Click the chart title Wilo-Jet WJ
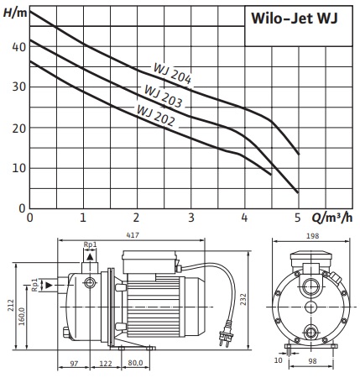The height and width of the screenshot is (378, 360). pyautogui.click(x=295, y=18)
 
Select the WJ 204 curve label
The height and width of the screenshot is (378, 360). pyautogui.click(x=172, y=73)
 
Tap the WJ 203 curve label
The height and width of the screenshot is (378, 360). pyautogui.click(x=163, y=97)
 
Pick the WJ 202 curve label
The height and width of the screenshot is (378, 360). pyautogui.click(x=156, y=115)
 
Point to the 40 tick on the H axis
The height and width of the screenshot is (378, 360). pyautogui.click(x=18, y=47)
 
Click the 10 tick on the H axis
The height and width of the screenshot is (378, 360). pyautogui.click(x=18, y=169)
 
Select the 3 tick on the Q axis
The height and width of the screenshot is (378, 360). pyautogui.click(x=191, y=218)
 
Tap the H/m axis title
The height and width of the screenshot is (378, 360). pyautogui.click(x=15, y=13)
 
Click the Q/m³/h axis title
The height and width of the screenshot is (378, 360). pyautogui.click(x=332, y=218)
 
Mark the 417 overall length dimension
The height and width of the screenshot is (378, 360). pyautogui.click(x=133, y=235)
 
